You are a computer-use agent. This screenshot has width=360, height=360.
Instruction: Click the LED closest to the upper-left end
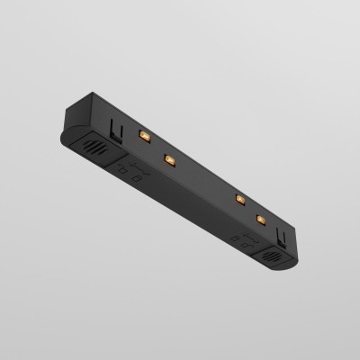click(142, 135)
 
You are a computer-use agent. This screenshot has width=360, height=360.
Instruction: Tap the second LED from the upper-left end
click(167, 158)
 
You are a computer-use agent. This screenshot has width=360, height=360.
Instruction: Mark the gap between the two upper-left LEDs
click(155, 147)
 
